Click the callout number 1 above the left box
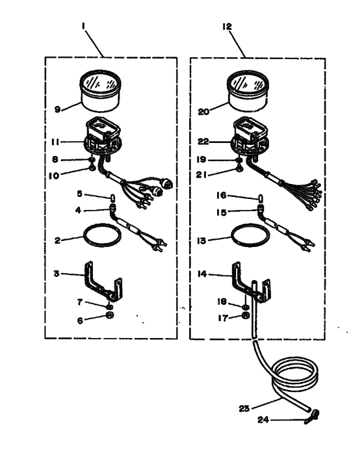point(83,26)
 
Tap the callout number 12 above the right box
point(227,27)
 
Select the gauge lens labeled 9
point(100,90)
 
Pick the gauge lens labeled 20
point(247,90)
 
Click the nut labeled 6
point(110,315)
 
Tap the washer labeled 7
point(109,306)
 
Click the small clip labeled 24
point(312,417)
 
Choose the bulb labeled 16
point(261,198)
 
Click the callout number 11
point(55,142)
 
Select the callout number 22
point(203,142)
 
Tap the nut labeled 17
point(246,315)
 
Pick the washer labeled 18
point(245,307)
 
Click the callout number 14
point(202,274)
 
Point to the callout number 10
point(54,175)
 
